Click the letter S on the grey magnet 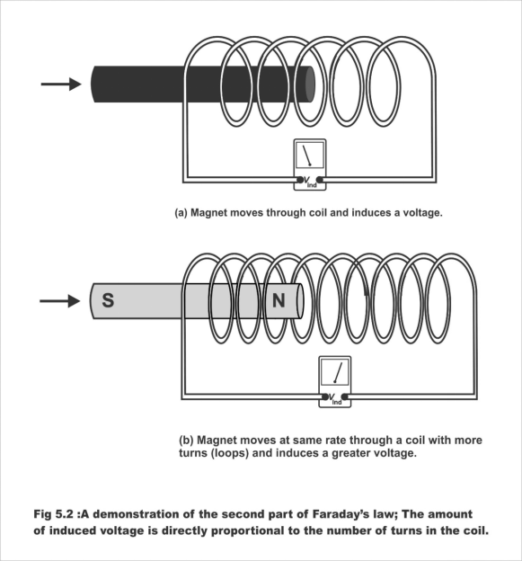click(x=108, y=300)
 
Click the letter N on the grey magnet click(x=279, y=300)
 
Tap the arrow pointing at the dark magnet click(x=61, y=85)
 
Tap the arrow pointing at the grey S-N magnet click(x=60, y=301)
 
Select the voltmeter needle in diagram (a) click(x=306, y=156)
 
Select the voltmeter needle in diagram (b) click(x=338, y=372)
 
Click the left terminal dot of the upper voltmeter click(x=299, y=180)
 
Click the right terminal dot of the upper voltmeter click(x=320, y=180)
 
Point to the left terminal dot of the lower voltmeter click(x=325, y=396)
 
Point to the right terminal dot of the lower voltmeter click(x=345, y=396)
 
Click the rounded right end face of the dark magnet click(x=310, y=85)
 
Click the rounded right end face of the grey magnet click(x=300, y=301)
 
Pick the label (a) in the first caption click(x=181, y=213)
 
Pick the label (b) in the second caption click(x=186, y=440)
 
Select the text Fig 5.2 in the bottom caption click(x=54, y=514)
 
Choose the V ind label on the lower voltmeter click(x=334, y=399)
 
